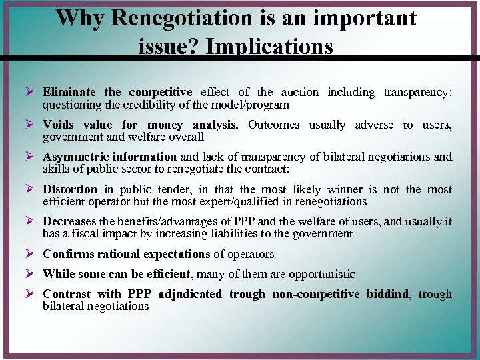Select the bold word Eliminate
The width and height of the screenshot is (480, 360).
tap(69, 93)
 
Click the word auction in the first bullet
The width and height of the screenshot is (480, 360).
tap(299, 93)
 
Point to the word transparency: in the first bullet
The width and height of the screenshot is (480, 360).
tap(418, 93)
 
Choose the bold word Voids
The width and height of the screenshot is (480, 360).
tap(58, 125)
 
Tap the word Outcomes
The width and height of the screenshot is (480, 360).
tap(273, 125)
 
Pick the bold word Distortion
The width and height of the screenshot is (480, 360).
tap(70, 189)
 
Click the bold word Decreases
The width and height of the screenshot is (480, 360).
tap(69, 221)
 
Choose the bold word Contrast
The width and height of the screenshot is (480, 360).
tap(67, 294)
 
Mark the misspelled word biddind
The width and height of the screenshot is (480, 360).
tap(389, 294)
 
